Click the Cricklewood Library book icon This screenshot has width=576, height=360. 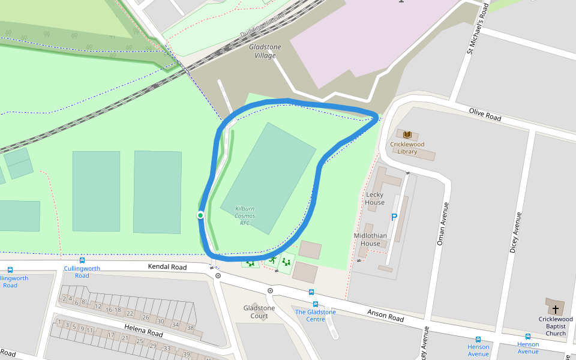[407, 134]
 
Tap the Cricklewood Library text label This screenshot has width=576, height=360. [407, 148]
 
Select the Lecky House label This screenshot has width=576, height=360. [374, 199]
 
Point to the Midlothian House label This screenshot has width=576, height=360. [370, 239]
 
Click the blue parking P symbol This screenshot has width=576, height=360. [394, 217]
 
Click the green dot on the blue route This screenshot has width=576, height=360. [200, 215]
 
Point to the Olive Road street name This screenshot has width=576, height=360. [485, 115]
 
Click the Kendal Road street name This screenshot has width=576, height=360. [167, 266]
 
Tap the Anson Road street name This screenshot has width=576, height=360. [385, 315]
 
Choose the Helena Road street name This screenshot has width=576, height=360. [143, 329]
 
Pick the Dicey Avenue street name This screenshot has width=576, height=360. [514, 232]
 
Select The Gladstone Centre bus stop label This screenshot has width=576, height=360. [316, 316]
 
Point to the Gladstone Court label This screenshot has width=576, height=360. [259, 312]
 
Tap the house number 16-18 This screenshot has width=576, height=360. [113, 310]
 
